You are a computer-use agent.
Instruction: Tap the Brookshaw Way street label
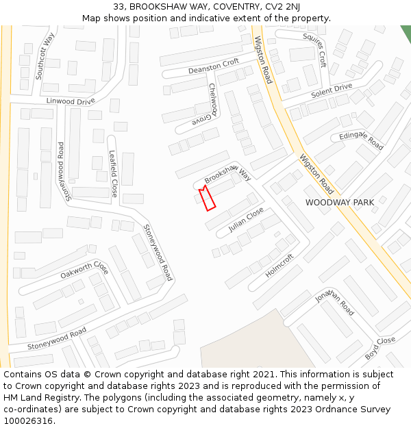click(227, 173)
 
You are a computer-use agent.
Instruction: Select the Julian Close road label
click(246, 220)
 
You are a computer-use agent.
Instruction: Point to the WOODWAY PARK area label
click(340, 203)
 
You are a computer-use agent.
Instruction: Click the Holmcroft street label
click(279, 265)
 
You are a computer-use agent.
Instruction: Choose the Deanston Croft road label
click(214, 66)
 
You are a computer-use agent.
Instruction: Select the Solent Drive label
click(332, 90)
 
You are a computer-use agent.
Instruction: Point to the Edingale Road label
click(361, 140)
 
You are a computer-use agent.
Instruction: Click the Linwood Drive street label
click(71, 101)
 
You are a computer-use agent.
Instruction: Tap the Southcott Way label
click(45, 56)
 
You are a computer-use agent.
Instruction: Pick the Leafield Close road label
click(113, 174)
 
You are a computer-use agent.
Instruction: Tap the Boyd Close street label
click(380, 348)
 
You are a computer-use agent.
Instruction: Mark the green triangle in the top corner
click(406, 32)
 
